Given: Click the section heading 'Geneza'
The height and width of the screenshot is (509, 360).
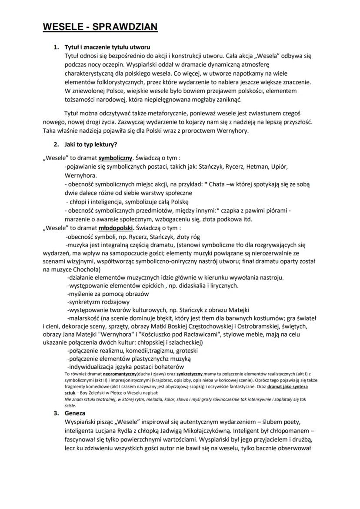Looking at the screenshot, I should tap(75, 413).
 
